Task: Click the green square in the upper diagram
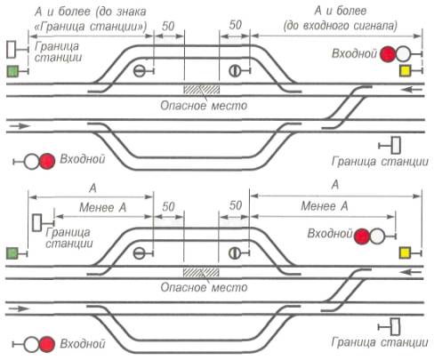(12, 71)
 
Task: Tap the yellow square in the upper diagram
(405, 71)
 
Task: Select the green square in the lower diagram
(12, 254)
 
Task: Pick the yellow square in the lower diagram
(405, 253)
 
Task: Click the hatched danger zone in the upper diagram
(202, 90)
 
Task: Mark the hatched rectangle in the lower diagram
(201, 272)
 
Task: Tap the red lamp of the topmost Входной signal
(388, 54)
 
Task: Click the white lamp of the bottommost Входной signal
(31, 344)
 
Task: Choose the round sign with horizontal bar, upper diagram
(140, 71)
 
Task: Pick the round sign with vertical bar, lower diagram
(235, 253)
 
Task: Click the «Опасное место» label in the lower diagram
(204, 287)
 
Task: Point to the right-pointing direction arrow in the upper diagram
(20, 126)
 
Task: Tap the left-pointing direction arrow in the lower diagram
(411, 272)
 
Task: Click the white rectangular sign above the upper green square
(12, 50)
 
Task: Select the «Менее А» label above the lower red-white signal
(325, 206)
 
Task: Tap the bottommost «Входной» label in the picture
(83, 344)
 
